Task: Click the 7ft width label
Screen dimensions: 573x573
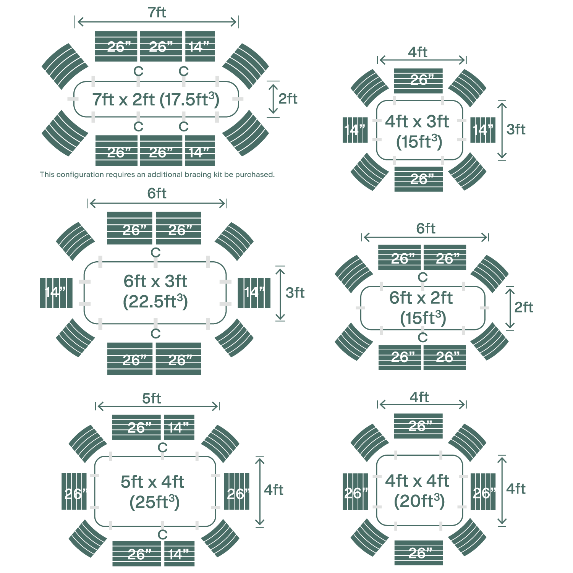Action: tap(157, 13)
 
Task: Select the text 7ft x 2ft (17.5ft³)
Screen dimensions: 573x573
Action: tap(156, 100)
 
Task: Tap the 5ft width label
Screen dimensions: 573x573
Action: tap(152, 398)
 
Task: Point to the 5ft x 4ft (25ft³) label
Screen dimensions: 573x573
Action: tap(153, 492)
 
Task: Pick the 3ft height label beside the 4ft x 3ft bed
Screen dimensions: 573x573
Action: tap(516, 129)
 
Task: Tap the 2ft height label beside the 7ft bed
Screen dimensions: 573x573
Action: tap(288, 99)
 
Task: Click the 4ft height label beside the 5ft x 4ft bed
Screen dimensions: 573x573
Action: tap(274, 490)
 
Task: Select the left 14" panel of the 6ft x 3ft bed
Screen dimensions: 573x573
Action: tap(56, 293)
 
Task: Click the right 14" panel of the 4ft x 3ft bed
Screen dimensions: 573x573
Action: tap(483, 130)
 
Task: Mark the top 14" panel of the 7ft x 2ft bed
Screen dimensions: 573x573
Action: tap(200, 47)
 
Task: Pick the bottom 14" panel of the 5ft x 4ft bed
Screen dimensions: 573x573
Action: tap(179, 554)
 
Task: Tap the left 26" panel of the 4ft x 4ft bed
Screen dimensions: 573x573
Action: tap(355, 492)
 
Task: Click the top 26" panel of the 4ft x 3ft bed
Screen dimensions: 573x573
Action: tap(419, 81)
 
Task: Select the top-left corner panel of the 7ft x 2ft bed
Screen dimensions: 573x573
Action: tap(65, 66)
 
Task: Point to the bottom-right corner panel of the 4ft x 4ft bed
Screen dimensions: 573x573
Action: tap(467, 537)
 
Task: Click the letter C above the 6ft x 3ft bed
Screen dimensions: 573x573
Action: tap(155, 253)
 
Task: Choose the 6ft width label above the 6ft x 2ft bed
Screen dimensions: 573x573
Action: tap(426, 228)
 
